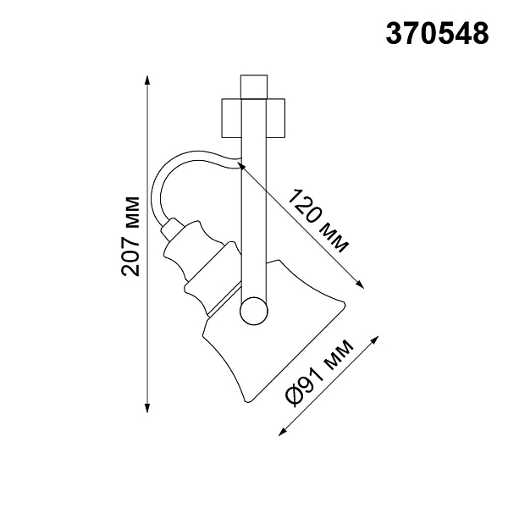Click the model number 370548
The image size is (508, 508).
437,34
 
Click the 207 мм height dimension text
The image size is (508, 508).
130,236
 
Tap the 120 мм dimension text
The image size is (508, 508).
318,221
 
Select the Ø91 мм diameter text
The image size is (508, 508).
319,373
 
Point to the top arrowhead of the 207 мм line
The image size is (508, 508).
147,80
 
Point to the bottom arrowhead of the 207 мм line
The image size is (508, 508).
147,408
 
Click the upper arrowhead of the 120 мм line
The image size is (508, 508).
241,166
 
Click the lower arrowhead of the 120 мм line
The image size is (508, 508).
360,284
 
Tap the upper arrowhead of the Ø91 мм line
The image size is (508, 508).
375,340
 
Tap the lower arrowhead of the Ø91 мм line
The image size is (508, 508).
283,432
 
